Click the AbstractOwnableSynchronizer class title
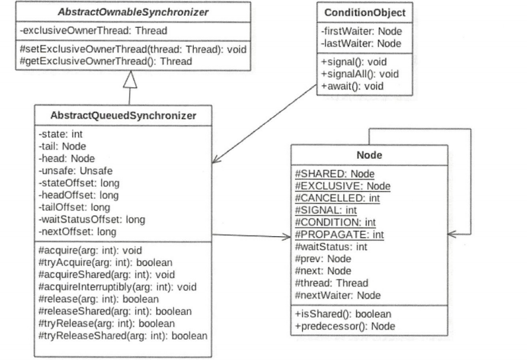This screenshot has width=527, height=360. point(133,12)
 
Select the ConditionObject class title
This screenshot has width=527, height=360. point(365,13)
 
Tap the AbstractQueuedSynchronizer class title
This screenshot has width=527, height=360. point(123,115)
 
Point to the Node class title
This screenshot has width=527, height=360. point(370,155)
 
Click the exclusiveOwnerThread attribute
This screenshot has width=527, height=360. point(93,30)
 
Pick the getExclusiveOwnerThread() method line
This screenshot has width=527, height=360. point(106,62)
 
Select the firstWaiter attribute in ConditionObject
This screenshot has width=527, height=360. point(361,31)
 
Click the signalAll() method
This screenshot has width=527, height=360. point(360,74)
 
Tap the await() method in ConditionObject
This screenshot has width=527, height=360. point(352,86)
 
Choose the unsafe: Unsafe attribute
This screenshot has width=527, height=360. point(75,171)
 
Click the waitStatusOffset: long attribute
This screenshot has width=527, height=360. point(92,219)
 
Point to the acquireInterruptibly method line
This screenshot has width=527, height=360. point(117,287)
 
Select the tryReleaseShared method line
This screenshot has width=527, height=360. point(123,336)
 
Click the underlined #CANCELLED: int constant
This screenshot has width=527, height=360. point(337,198)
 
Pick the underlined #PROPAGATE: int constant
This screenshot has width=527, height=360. point(339,234)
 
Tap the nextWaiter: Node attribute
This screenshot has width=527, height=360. point(338,295)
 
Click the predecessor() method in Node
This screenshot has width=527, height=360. point(345,326)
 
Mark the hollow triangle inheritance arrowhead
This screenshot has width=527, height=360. point(130,79)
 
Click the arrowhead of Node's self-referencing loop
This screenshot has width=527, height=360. point(452,234)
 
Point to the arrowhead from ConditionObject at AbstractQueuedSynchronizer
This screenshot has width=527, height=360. point(216,159)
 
